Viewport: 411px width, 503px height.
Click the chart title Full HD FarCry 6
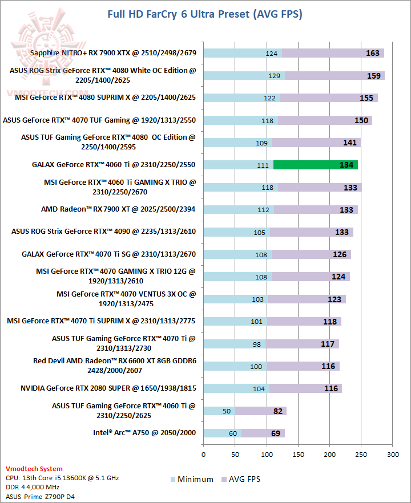205,14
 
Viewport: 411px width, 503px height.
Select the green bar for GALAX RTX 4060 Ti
316,165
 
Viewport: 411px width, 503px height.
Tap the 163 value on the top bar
372,53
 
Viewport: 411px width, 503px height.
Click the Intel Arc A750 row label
144,432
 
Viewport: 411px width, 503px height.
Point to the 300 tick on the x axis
392,455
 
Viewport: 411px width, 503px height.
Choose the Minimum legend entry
192,479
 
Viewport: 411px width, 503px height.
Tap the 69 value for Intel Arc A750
276,433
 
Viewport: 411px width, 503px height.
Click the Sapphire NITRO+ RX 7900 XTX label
114,53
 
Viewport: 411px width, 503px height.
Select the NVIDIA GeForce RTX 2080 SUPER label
108,388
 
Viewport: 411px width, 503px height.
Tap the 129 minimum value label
275,76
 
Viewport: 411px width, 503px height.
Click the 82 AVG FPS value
277,411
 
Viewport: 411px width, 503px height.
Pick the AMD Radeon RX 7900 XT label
118,209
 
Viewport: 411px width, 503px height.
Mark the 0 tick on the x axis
204,455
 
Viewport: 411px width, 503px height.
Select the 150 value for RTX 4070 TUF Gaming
361,120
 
